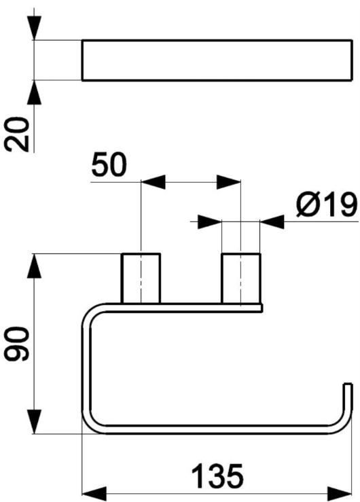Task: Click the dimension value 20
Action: (x=16, y=135)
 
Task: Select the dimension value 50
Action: (x=109, y=166)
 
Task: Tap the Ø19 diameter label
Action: (x=326, y=205)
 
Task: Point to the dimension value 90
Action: (x=16, y=344)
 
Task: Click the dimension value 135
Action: (x=217, y=476)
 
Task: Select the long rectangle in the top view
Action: (x=217, y=60)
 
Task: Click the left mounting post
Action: (x=141, y=279)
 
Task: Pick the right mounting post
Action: (x=241, y=279)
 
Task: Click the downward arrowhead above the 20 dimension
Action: (x=34, y=28)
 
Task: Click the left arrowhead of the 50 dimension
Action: (x=153, y=182)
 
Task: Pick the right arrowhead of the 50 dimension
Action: (x=228, y=182)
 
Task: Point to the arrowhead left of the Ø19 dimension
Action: (x=210, y=221)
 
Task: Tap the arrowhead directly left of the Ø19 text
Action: (x=272, y=221)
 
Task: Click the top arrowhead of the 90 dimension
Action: (x=34, y=266)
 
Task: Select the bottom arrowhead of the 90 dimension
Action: (x=34, y=422)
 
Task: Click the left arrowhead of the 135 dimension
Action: (x=94, y=494)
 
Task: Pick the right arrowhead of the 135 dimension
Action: (x=340, y=494)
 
